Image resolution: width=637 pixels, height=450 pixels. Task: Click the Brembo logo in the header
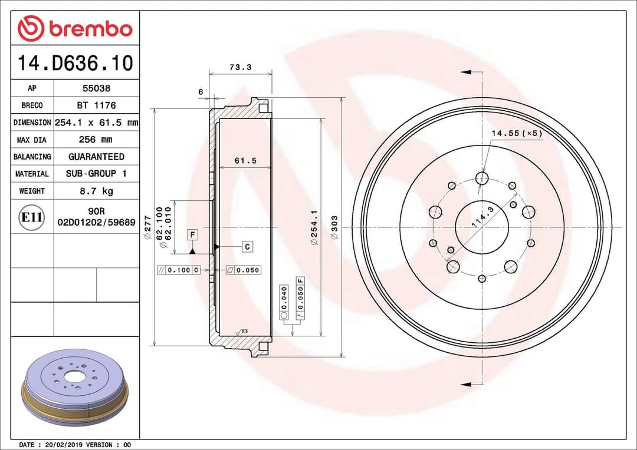[75, 28]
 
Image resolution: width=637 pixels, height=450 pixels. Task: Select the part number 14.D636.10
[75, 63]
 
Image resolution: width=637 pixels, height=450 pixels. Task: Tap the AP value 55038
[96, 88]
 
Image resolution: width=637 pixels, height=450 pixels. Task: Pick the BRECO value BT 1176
[96, 105]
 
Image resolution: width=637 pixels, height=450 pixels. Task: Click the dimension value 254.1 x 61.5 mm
[96, 123]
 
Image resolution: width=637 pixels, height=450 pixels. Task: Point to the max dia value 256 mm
[96, 140]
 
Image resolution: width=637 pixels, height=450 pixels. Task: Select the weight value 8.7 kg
[96, 191]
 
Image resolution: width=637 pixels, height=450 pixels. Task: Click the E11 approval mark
[32, 217]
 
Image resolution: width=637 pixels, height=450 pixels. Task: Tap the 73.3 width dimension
[240, 67]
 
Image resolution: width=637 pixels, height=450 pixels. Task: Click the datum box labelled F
[192, 235]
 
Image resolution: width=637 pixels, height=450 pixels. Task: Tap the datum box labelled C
[247, 246]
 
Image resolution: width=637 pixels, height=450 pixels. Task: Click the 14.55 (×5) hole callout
[516, 134]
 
